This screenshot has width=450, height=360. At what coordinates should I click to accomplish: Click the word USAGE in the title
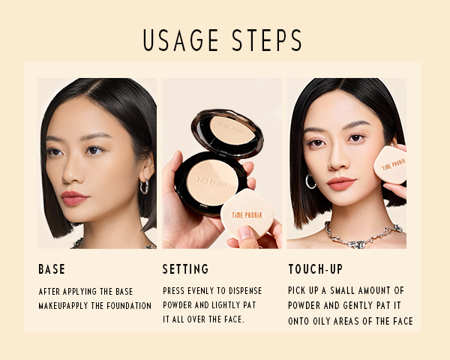[x=181, y=40]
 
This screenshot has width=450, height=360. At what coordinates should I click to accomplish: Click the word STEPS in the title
[x=267, y=40]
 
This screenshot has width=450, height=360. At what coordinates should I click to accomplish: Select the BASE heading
[x=52, y=269]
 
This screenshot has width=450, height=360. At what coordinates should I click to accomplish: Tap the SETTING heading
[x=186, y=269]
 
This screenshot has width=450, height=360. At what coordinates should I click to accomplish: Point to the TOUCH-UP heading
[x=316, y=269]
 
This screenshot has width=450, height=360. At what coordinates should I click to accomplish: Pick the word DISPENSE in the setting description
[x=245, y=291]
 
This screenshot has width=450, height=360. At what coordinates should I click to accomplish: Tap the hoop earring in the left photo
[x=144, y=186]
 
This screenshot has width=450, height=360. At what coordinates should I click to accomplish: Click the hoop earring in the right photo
[x=310, y=181]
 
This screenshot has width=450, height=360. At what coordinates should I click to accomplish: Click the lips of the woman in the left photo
[x=73, y=198]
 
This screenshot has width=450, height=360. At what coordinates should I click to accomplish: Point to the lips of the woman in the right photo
[x=341, y=184]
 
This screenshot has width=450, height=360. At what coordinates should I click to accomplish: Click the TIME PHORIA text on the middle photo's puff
[x=247, y=215]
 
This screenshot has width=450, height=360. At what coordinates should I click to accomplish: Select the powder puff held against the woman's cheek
[x=390, y=165]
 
